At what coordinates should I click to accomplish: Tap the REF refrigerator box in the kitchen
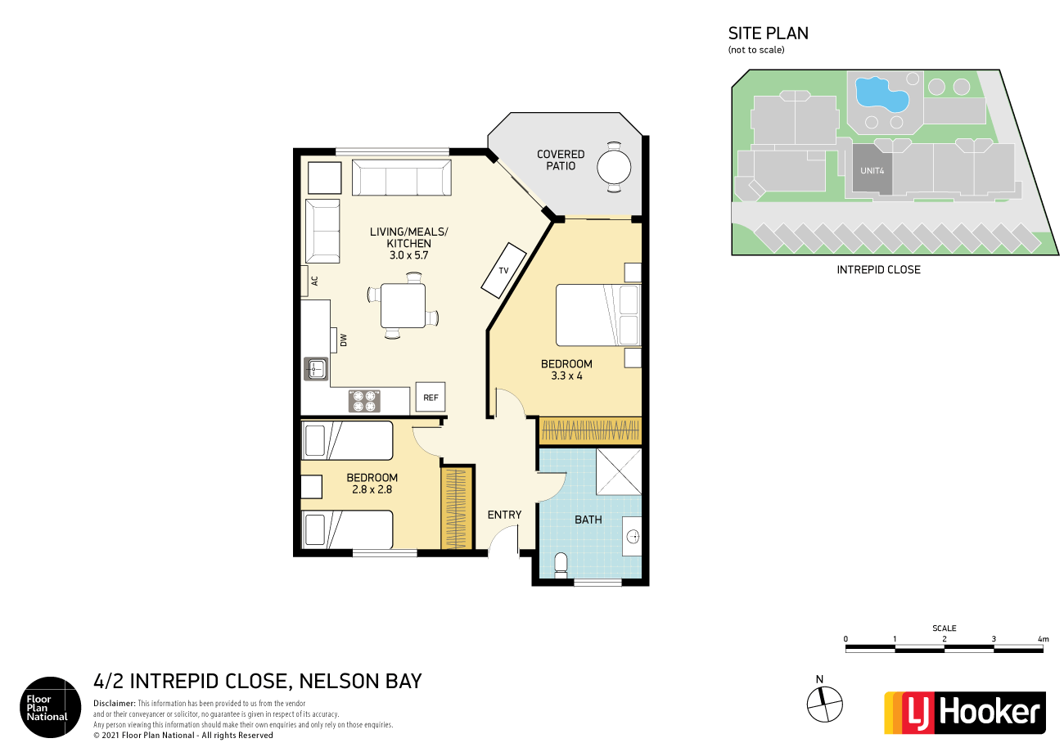tap(431, 399)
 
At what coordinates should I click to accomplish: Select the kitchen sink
tap(316, 370)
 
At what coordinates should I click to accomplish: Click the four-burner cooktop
tap(365, 400)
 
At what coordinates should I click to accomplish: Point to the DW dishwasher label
tap(344, 340)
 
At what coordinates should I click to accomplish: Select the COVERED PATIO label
tap(561, 160)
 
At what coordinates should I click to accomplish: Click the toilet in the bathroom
tap(561, 565)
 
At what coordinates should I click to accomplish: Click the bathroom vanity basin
tap(632, 537)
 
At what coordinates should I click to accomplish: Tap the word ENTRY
tap(504, 515)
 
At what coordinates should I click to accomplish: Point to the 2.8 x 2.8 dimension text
tap(372, 490)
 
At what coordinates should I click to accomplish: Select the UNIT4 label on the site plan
tap(871, 171)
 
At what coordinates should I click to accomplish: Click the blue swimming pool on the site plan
tap(880, 94)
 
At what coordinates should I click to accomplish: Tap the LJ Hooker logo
tap(964, 712)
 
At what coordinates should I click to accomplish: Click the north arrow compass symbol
tap(824, 700)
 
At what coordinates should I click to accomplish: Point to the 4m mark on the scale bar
tap(1042, 639)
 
